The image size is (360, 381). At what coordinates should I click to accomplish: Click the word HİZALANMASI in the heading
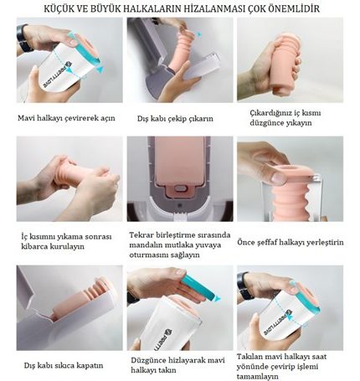[x=215, y=8]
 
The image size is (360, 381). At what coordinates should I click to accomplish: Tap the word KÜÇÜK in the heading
[x=58, y=8]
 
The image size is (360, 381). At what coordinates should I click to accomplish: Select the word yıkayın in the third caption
[x=300, y=123]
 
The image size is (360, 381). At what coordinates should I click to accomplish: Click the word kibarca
[x=34, y=246]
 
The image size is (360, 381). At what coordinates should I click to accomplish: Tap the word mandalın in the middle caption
[x=144, y=245]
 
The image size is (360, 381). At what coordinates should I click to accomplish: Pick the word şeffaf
[x=266, y=242]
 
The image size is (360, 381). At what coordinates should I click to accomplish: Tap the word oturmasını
[x=146, y=255]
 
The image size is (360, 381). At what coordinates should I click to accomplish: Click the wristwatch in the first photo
[x=23, y=39]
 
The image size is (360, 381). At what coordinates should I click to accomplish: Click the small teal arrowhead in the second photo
[x=199, y=34]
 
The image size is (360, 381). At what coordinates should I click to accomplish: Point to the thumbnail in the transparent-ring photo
[x=279, y=178]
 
